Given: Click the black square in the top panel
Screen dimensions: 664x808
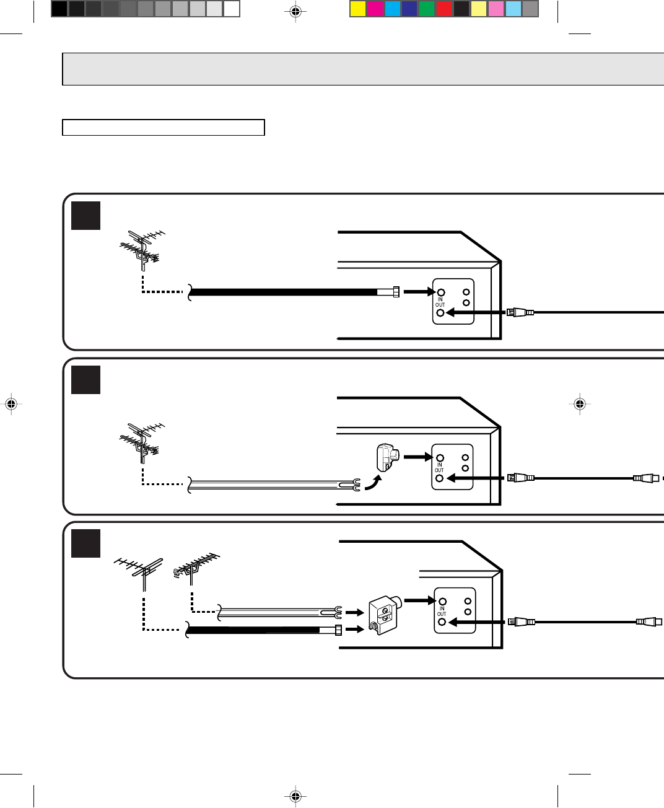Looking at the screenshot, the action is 85,215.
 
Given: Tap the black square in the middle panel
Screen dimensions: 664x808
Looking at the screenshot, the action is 85,379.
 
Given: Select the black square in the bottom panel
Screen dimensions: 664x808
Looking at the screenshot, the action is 85,542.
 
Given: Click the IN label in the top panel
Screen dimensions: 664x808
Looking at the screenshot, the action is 440,299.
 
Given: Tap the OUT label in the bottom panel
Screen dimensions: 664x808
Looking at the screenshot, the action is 442,614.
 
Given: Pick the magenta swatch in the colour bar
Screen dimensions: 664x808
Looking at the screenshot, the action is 375,9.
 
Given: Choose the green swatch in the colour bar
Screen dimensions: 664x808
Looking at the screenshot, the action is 427,9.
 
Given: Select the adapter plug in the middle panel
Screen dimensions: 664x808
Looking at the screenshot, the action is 386,457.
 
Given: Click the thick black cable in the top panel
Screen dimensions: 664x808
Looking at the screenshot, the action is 285,292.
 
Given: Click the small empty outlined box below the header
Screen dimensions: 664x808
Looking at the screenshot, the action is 164,128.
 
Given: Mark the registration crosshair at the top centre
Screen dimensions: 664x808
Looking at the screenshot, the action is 295,11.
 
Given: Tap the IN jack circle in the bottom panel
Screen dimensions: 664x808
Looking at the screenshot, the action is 442,601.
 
